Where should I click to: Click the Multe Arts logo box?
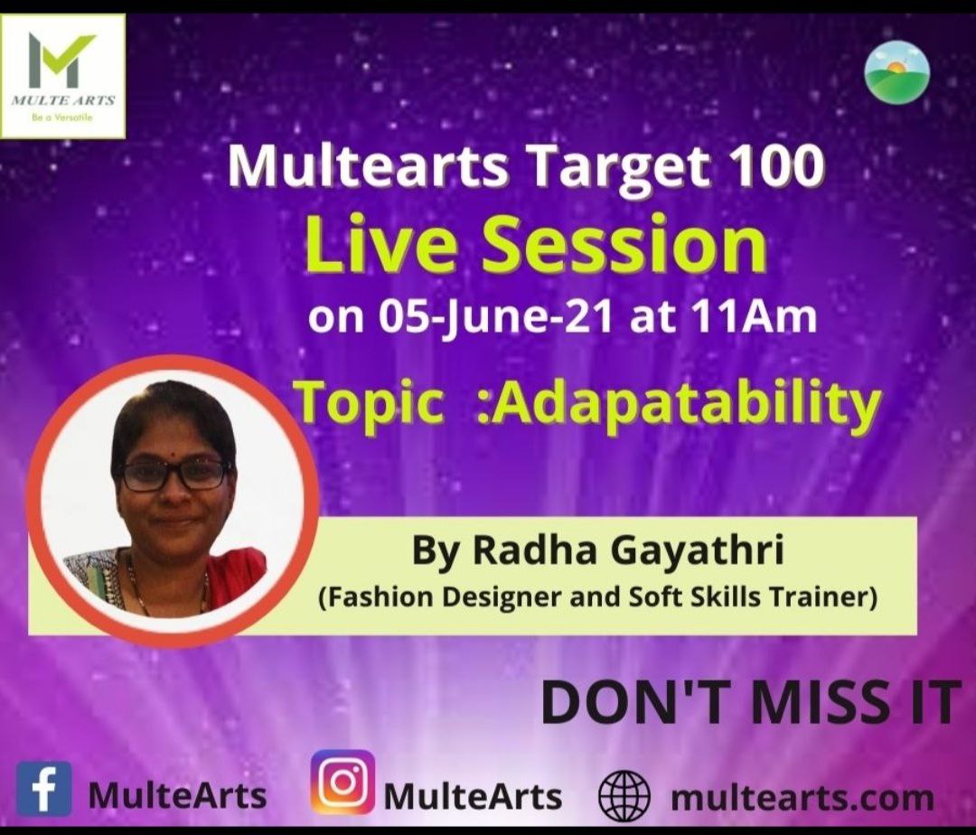coord(63,76)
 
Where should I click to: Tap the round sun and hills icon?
coord(897,71)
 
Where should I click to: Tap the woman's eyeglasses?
coord(175,474)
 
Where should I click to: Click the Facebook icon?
coord(43,789)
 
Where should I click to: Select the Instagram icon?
coord(343,782)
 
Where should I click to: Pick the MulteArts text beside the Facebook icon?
coord(178,796)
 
